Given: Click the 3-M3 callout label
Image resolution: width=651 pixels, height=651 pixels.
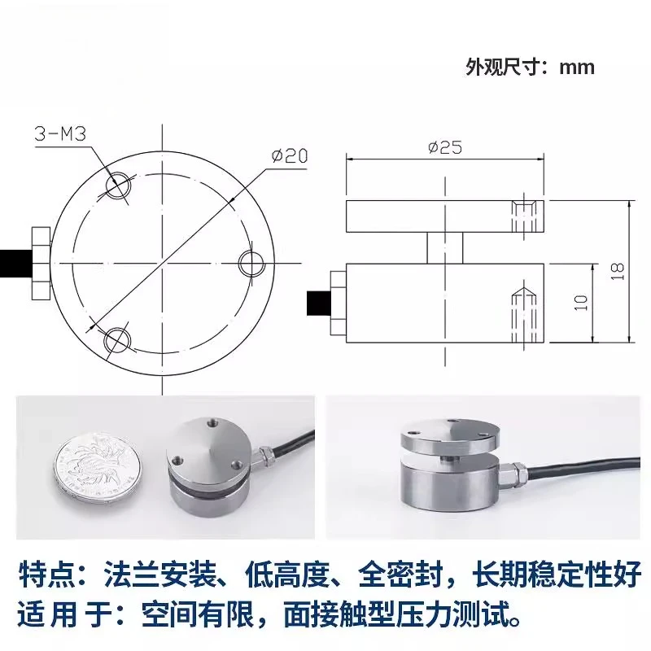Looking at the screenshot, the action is [x=60, y=134].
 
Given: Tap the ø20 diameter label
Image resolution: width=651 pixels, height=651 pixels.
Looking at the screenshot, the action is [x=290, y=155].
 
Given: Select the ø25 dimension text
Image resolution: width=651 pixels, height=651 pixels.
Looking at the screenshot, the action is [x=444, y=147].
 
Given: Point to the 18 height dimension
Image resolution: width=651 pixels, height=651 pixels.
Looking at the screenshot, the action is [x=618, y=271].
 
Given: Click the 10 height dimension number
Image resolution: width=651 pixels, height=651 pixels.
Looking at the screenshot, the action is [x=581, y=303].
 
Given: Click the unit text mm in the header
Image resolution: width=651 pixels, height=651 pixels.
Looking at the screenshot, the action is [x=577, y=68].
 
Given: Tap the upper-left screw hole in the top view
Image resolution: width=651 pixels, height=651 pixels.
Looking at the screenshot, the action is [x=118, y=186].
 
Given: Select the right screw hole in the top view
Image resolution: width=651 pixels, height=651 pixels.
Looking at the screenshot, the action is [x=252, y=263].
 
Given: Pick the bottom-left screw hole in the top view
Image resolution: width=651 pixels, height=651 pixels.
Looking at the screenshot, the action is [x=117, y=339].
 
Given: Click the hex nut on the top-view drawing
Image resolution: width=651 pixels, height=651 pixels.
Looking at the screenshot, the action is [x=42, y=263].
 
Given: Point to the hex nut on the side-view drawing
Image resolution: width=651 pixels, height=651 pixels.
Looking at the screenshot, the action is [x=339, y=303].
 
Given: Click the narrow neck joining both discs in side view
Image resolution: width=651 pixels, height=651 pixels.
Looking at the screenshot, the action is [x=445, y=248].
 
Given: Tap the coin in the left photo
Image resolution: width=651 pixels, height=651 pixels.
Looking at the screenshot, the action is [x=97, y=468].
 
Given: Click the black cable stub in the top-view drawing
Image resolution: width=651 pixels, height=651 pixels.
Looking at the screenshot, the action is [x=15, y=263].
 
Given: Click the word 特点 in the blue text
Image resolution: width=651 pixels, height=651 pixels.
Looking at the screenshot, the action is [x=46, y=575].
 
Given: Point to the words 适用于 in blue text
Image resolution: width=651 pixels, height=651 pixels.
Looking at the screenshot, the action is [x=65, y=614].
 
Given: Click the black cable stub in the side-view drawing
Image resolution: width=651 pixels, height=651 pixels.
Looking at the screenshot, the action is [x=319, y=303].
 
